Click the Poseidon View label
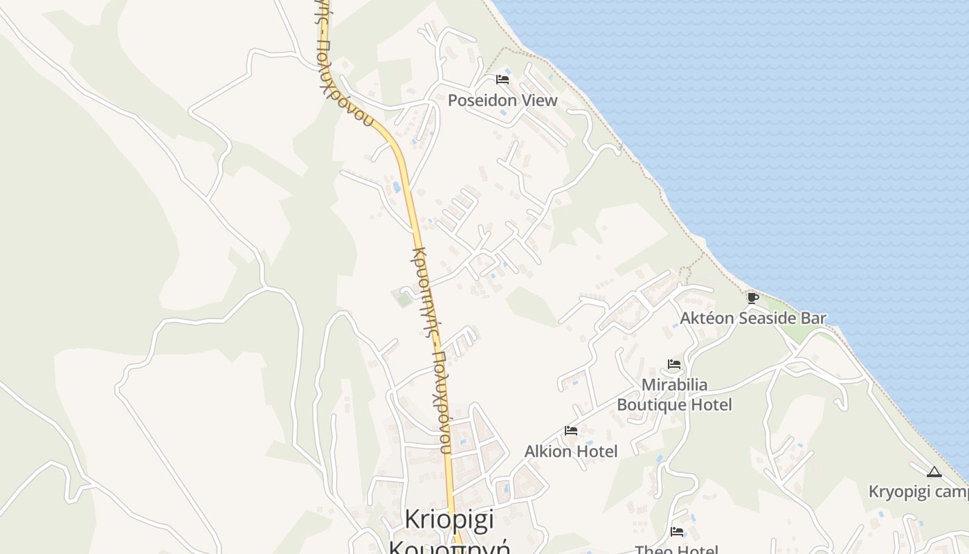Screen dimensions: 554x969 click(x=502, y=100)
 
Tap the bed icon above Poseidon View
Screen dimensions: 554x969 click(x=502, y=80)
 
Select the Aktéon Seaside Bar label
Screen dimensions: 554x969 click(x=753, y=319)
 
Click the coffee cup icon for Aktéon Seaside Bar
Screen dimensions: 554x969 click(x=752, y=298)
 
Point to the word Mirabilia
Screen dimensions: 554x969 click(x=674, y=384)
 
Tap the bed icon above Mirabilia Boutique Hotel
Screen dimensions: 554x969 click(x=673, y=364)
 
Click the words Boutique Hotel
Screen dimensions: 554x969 click(x=674, y=404)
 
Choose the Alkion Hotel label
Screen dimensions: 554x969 click(x=571, y=452)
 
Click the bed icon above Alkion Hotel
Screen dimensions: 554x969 click(x=570, y=431)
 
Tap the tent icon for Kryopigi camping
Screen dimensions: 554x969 click(x=934, y=472)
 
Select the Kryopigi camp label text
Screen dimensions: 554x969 click(x=918, y=492)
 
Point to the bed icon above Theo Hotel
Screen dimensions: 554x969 click(x=677, y=532)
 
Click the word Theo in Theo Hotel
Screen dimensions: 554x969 click(x=653, y=550)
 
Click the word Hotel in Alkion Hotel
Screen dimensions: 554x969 click(x=597, y=452)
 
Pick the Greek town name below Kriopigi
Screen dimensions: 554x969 click(x=450, y=547)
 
